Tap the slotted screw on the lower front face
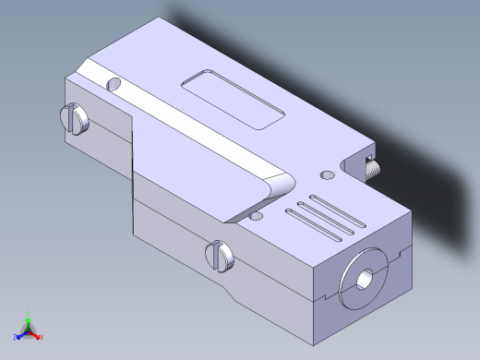click(x=219, y=256)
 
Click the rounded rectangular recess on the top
click(x=234, y=99)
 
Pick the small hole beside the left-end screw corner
click(x=114, y=84)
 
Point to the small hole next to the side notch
click(x=325, y=174)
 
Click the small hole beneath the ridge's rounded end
click(x=256, y=218)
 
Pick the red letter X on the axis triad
click(x=42, y=337)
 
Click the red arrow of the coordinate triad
click(x=35, y=333)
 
